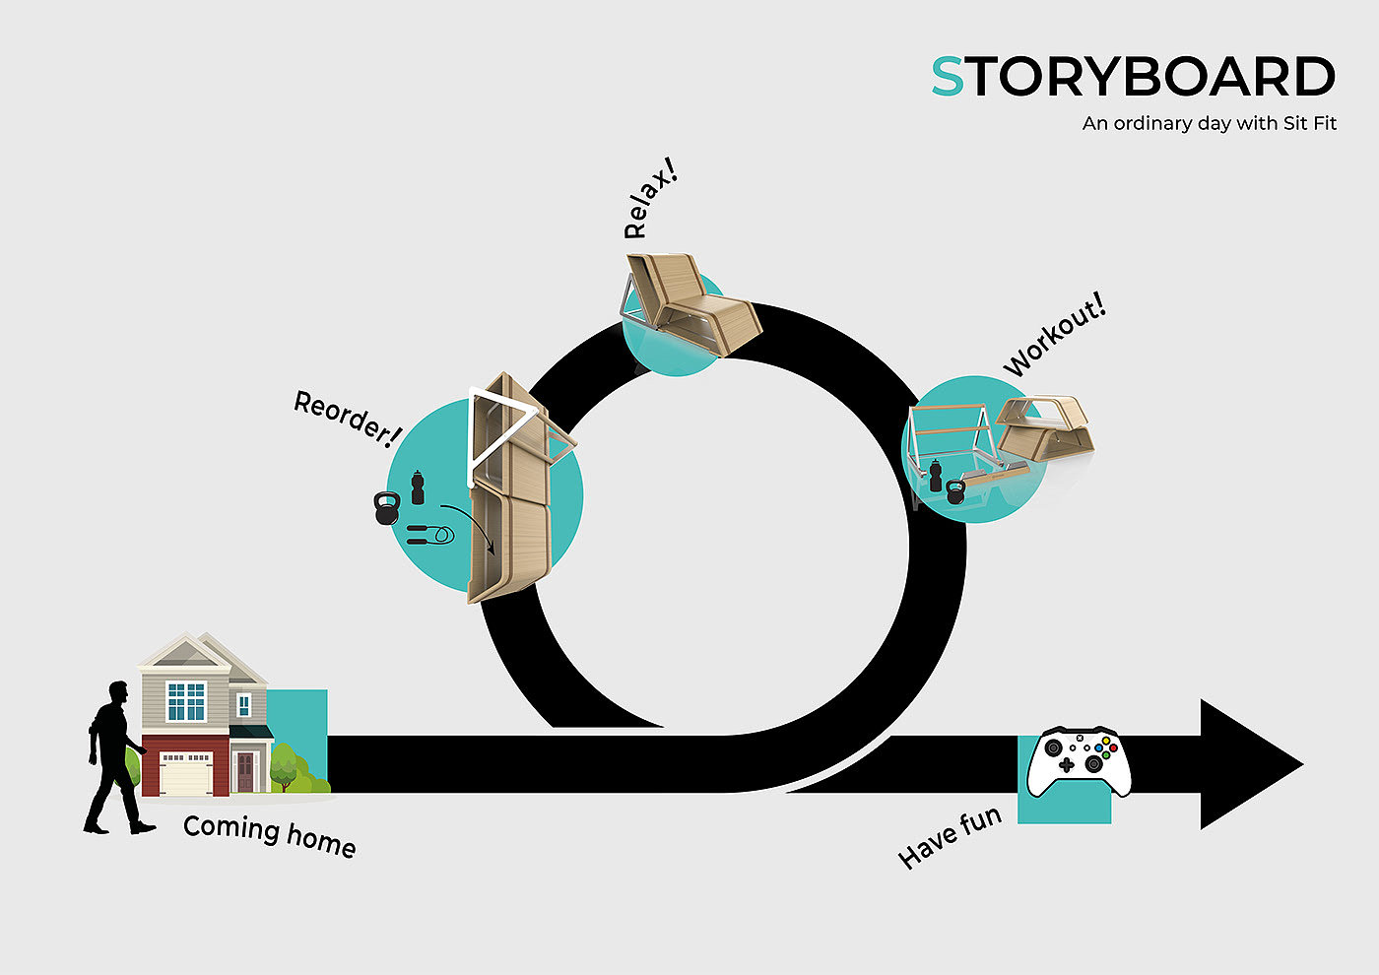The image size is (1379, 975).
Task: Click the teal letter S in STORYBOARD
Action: (x=948, y=78)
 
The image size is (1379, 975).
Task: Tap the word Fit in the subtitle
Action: (x=1322, y=124)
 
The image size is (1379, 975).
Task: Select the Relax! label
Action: (x=651, y=204)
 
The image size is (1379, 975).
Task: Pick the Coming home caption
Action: (x=269, y=835)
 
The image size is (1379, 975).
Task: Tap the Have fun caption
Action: (x=950, y=837)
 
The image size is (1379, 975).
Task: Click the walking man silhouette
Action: (x=113, y=758)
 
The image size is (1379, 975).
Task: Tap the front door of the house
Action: (x=244, y=772)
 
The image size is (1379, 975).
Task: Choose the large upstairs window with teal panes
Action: (x=186, y=701)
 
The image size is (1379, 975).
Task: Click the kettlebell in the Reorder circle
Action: (x=385, y=508)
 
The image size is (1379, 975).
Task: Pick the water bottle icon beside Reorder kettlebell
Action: (x=418, y=487)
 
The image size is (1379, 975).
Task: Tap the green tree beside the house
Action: (x=284, y=766)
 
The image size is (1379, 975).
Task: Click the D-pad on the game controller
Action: (x=1066, y=764)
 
